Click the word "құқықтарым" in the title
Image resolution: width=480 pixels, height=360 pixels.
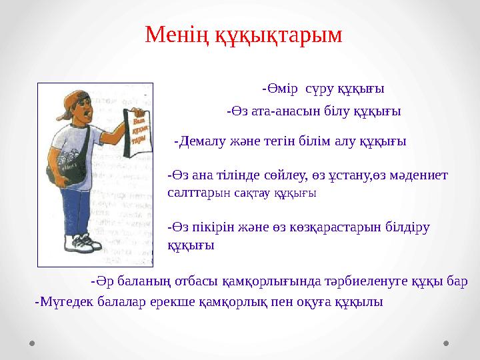click(x=278, y=35)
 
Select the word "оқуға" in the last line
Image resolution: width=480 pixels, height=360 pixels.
click(x=324, y=302)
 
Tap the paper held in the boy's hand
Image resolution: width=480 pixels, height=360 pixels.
click(x=139, y=133)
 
